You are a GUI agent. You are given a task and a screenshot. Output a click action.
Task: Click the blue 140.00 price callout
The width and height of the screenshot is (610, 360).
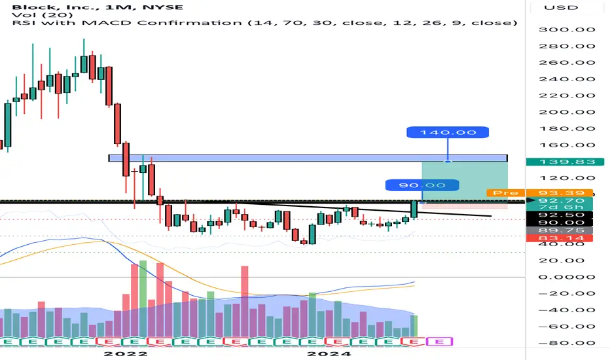[448, 132]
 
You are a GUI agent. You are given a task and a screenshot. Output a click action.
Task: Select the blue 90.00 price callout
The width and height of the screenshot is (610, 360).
[422, 185]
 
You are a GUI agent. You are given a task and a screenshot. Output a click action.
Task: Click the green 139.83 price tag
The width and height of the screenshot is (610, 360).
[565, 162]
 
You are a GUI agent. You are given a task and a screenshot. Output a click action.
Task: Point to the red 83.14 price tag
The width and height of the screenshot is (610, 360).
[560, 238]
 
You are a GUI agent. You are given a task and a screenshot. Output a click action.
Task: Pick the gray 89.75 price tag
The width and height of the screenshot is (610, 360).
[560, 230]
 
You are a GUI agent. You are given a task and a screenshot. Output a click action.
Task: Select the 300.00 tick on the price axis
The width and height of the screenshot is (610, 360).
[567, 29]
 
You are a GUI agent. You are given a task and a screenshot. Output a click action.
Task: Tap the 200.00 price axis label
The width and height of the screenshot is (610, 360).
[567, 112]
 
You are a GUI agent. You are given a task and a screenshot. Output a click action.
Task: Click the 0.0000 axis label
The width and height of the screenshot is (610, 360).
[567, 277]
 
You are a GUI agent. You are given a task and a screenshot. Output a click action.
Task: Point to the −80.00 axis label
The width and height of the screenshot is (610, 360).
[567, 343]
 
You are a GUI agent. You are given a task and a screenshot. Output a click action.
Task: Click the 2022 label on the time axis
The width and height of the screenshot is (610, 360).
[126, 353]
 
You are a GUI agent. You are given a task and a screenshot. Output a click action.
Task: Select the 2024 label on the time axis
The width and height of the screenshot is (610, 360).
[329, 353]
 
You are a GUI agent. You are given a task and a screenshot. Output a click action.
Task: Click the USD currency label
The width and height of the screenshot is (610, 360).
[561, 7]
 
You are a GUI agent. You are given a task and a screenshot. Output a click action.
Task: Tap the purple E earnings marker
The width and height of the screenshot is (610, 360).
[440, 342]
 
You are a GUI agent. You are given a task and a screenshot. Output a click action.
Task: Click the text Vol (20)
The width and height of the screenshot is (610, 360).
[43, 15]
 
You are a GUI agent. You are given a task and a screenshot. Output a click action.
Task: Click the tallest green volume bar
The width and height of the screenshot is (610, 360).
[143, 298]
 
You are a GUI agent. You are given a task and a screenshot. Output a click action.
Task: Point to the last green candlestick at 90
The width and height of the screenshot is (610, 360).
[414, 209]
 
